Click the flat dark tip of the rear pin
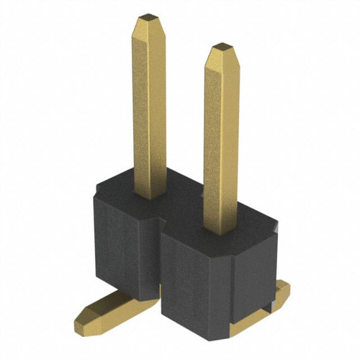click(x=148, y=15)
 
